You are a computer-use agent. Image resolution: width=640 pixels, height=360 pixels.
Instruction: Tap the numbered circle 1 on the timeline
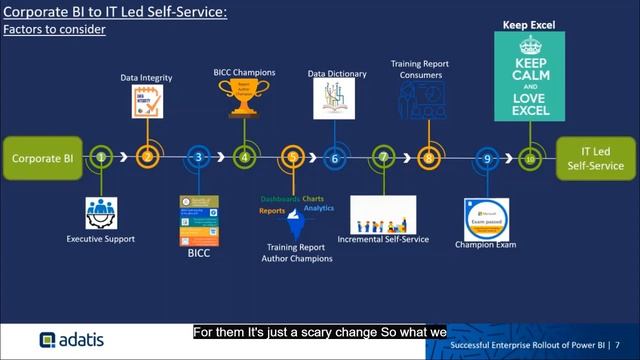101,157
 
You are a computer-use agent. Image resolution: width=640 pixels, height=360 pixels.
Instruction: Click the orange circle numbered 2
147,157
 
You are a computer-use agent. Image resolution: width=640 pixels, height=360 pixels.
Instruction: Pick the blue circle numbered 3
199,157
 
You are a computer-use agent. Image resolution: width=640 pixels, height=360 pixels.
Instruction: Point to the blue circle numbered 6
335,157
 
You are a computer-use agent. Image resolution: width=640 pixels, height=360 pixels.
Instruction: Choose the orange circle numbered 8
428,157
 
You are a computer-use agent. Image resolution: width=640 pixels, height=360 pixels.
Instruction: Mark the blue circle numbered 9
486,157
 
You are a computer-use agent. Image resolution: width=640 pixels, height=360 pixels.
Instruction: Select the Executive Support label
101,239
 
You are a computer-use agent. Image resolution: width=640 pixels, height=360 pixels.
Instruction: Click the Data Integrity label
148,76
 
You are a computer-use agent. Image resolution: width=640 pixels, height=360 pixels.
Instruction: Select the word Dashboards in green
280,199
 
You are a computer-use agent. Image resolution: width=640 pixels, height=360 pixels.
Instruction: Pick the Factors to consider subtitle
54,30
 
